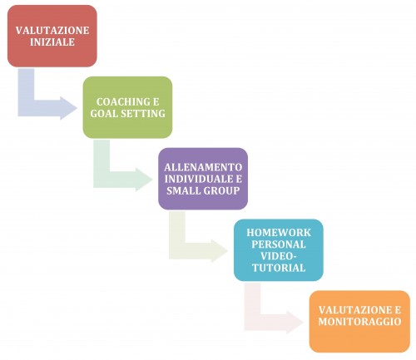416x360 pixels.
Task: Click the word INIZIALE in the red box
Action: coord(52,42)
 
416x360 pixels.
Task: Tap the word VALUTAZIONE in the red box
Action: coord(52,30)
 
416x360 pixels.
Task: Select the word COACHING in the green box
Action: coord(121,101)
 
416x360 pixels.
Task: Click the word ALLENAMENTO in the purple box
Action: coord(203,167)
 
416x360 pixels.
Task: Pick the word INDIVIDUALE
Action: coord(200,179)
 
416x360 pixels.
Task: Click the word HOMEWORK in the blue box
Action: coord(279,232)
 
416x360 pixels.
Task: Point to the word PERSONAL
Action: coord(279,244)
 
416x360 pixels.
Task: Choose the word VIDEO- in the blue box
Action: coord(279,256)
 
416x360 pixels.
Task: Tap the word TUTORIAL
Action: coord(279,268)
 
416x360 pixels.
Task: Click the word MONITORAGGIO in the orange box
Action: coord(359,322)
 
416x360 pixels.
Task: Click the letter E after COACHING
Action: coord(156,101)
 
